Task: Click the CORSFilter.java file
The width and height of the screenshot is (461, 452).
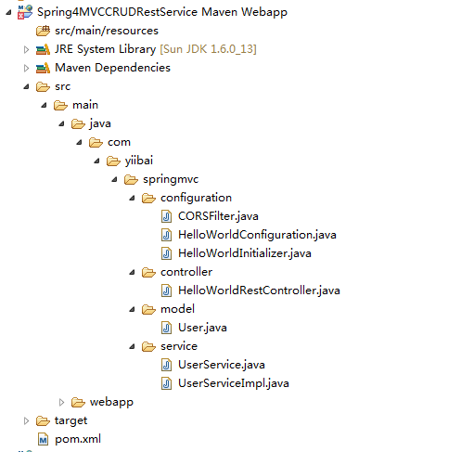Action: pyautogui.click(x=218, y=216)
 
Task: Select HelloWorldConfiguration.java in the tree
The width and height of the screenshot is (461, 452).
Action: pyautogui.click(x=257, y=235)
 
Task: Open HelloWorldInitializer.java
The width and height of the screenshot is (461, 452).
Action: pyautogui.click(x=245, y=253)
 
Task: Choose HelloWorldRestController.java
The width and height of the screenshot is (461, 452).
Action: pyautogui.click(x=259, y=291)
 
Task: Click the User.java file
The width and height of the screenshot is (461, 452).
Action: pyautogui.click(x=202, y=328)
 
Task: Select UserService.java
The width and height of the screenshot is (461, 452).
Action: pyautogui.click(x=222, y=365)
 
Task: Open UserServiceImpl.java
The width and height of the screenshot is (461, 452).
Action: pyautogui.click(x=234, y=383)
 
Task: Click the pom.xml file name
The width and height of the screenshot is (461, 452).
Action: pyautogui.click(x=78, y=439)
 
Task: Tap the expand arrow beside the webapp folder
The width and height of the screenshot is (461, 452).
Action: pyautogui.click(x=61, y=402)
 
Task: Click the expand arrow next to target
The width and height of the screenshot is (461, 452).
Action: pyautogui.click(x=26, y=420)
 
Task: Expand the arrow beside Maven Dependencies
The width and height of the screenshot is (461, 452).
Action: pyautogui.click(x=26, y=68)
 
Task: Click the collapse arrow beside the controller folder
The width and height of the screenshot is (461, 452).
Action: pyautogui.click(x=132, y=272)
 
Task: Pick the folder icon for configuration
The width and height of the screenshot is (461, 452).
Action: pyautogui.click(x=148, y=198)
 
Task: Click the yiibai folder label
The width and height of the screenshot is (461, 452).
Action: pyautogui.click(x=139, y=161)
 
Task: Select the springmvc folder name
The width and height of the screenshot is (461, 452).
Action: pyautogui.click(x=171, y=179)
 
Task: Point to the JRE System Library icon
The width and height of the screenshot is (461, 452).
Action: pyautogui.click(x=43, y=49)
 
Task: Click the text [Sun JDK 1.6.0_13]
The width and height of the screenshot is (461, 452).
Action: pyautogui.click(x=208, y=49)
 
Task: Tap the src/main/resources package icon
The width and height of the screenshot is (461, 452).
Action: pyautogui.click(x=43, y=31)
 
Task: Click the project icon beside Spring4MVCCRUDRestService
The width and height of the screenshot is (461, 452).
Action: pyautogui.click(x=25, y=12)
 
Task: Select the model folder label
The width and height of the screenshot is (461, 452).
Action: pyautogui.click(x=177, y=309)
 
